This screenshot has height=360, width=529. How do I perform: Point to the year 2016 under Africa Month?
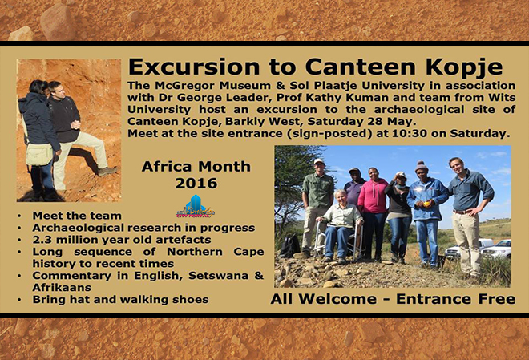(196, 183)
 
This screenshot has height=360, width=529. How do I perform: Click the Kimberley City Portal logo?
(196, 207)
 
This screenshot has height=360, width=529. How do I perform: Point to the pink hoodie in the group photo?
(374, 196)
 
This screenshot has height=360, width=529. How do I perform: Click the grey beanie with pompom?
(421, 167)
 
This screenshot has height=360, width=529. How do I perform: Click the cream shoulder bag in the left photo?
(39, 154)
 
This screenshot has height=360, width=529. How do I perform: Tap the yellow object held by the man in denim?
(426, 204)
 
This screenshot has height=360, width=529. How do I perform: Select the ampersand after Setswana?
(259, 275)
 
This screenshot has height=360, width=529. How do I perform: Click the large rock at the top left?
(58, 22)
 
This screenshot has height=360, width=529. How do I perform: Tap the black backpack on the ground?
(289, 245)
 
